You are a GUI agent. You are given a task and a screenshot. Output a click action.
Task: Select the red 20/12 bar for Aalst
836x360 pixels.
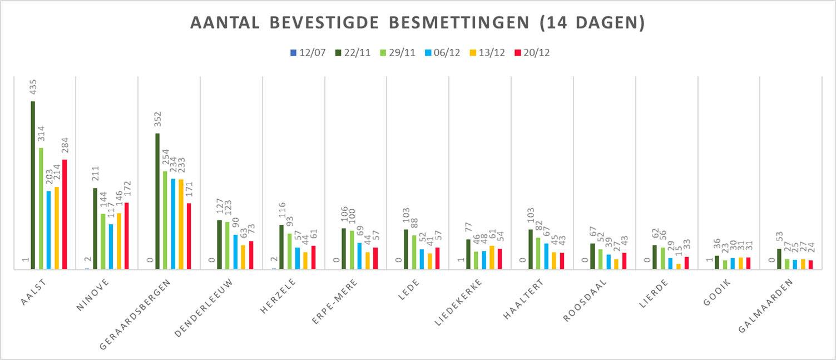click(x=65, y=214)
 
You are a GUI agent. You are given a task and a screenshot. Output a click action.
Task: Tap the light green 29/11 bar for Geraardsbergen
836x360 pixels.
click(x=165, y=220)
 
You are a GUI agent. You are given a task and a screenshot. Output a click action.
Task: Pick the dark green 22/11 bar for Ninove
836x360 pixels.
click(x=95, y=228)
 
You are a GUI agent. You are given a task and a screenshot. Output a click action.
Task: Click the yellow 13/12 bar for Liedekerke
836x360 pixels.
click(x=492, y=257)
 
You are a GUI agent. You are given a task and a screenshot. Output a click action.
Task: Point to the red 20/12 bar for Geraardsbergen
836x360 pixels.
click(x=189, y=236)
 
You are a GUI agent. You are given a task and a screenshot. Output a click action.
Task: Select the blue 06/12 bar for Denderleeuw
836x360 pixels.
click(x=235, y=251)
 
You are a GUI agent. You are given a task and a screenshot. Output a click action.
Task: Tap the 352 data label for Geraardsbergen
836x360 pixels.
click(x=157, y=121)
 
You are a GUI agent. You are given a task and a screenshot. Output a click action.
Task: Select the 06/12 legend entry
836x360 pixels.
click(x=443, y=53)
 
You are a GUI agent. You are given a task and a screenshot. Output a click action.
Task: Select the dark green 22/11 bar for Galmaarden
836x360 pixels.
click(x=779, y=259)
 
